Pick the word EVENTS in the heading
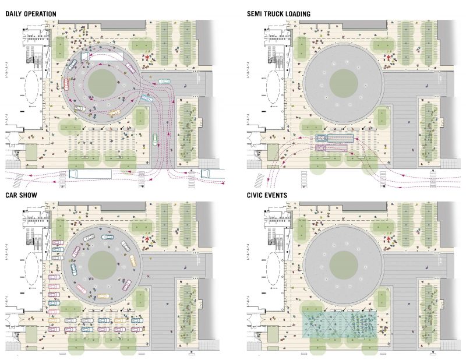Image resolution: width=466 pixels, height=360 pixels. [x=277, y=195]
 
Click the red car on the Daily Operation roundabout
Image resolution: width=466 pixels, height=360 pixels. [x=66, y=84]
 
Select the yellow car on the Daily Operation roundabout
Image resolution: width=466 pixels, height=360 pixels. [x=114, y=112]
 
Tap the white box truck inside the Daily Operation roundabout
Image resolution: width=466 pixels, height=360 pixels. [x=102, y=57]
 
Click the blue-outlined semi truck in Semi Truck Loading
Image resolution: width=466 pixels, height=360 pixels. [x=334, y=138]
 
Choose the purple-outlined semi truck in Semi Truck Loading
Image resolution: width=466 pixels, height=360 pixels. [x=331, y=148]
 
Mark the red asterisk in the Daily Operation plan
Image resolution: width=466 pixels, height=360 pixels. [x=147, y=57]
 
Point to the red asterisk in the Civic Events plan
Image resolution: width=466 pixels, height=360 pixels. [x=389, y=239]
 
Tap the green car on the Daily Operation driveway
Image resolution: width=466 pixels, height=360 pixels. [x=154, y=139]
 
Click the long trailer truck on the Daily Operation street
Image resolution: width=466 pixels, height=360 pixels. [x=90, y=174]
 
